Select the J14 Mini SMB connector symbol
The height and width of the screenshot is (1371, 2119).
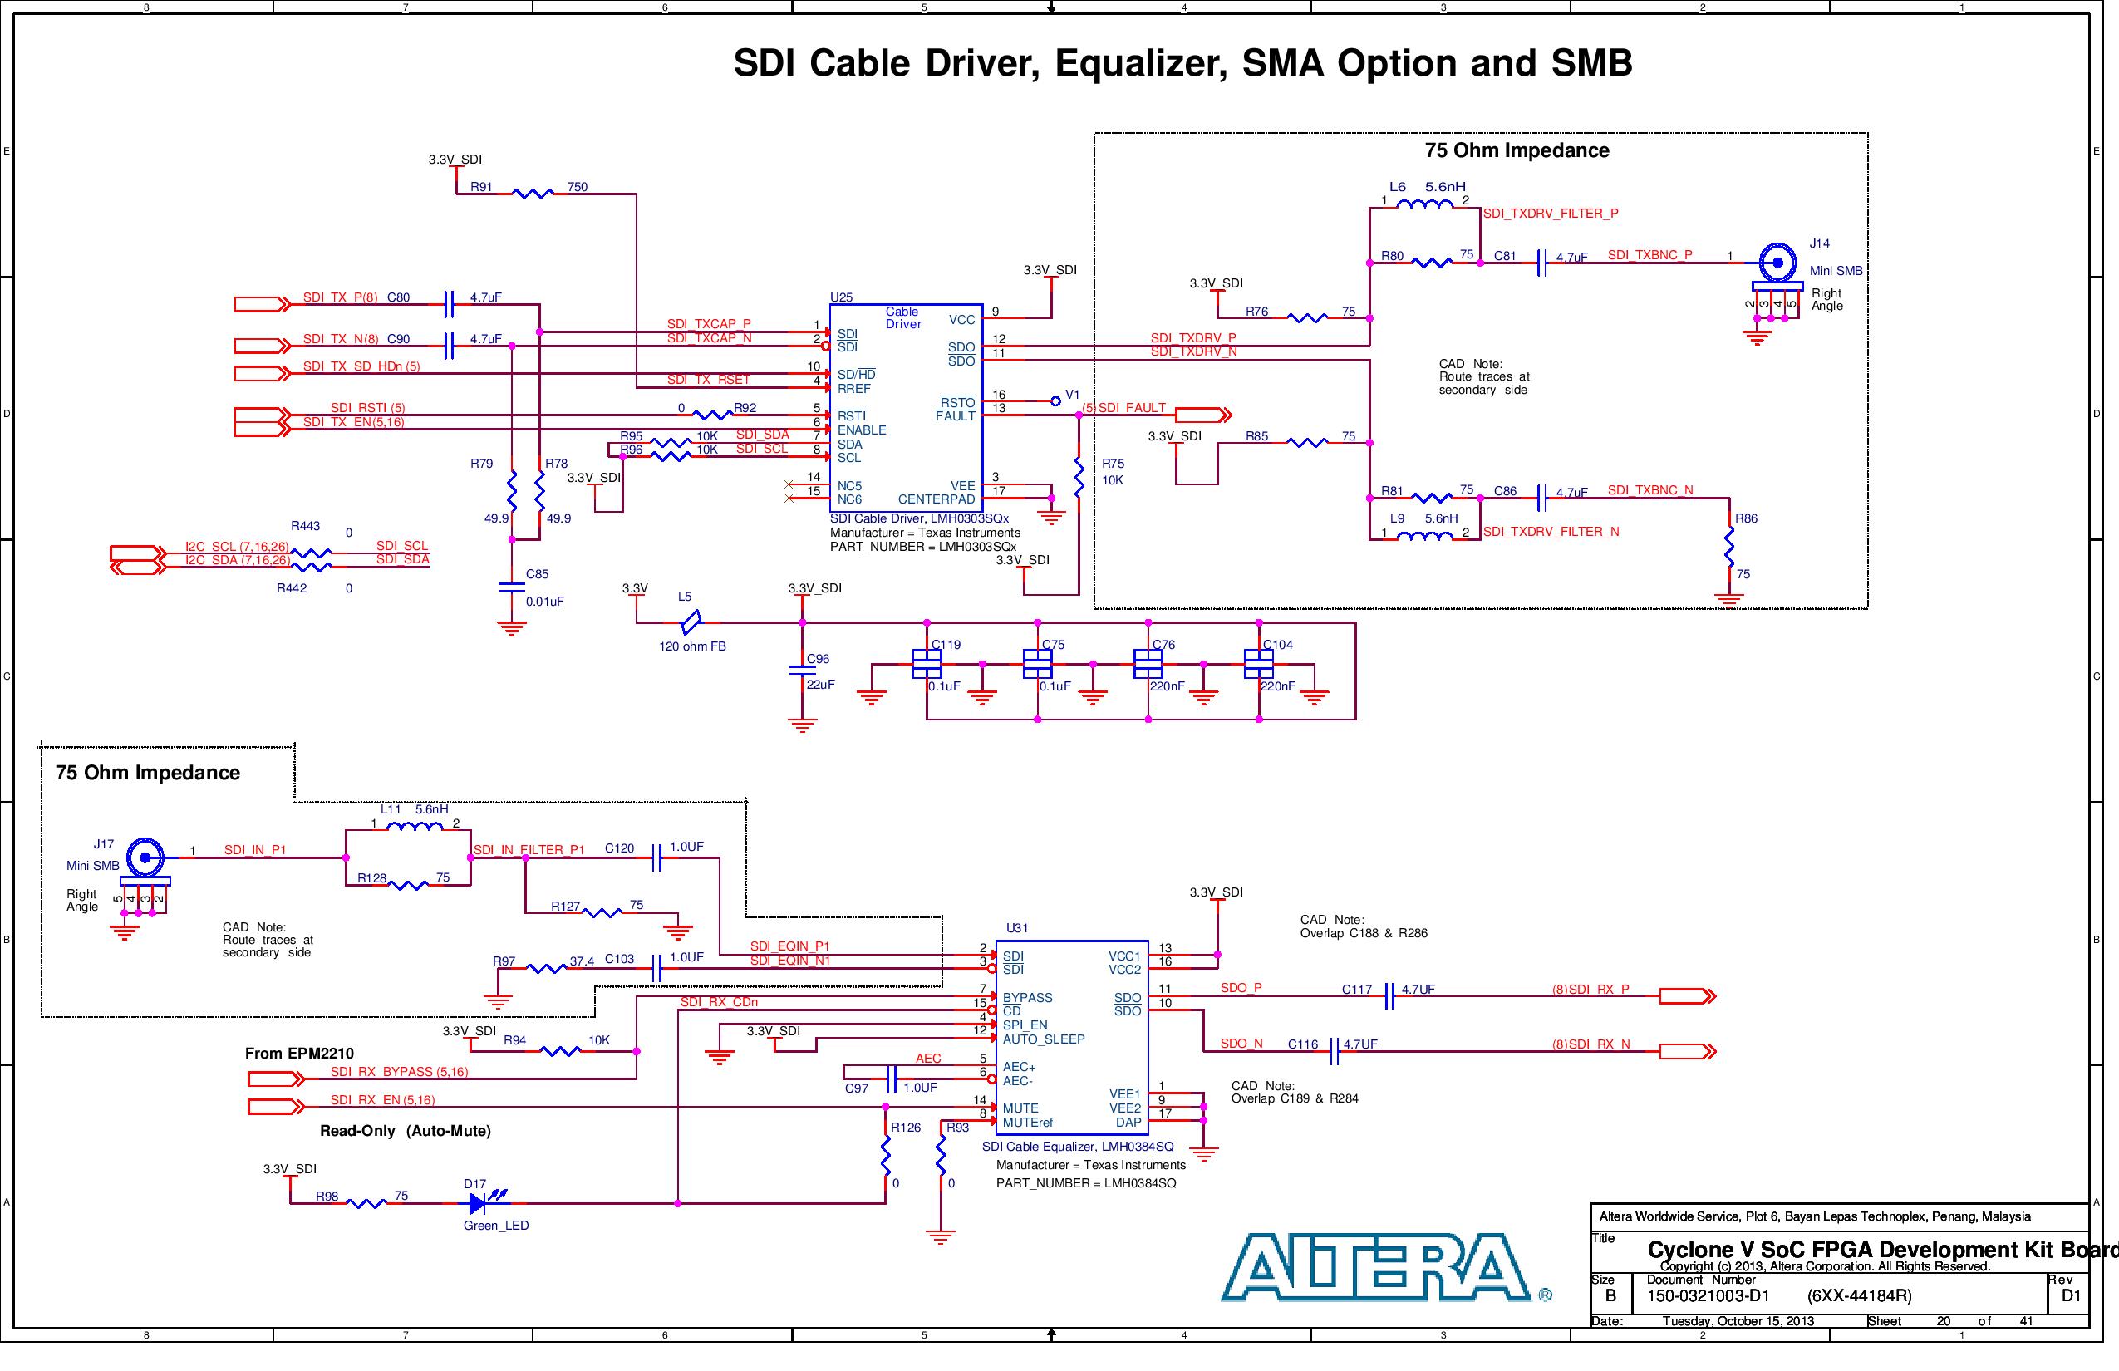tap(1777, 262)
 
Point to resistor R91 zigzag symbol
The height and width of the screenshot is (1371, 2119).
tap(533, 193)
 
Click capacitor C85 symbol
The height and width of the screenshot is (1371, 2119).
tap(512, 587)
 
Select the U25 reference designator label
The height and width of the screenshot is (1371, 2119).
tap(840, 297)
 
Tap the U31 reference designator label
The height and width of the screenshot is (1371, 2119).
tap(1017, 927)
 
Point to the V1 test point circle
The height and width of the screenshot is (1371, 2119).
tap(1055, 401)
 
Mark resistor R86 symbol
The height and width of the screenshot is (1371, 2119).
tap(1729, 546)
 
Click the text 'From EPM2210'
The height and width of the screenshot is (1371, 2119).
tap(299, 1054)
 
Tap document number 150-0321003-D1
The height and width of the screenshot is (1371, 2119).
tap(1708, 1295)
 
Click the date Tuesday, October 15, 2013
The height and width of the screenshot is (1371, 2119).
tap(1737, 1321)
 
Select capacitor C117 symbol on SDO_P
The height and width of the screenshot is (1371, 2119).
tap(1389, 997)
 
